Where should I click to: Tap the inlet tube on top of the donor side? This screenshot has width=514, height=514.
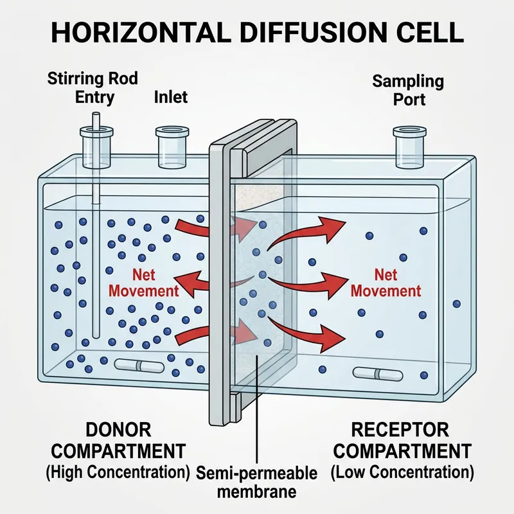(171, 146)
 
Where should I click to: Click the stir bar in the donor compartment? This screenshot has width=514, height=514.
(139, 366)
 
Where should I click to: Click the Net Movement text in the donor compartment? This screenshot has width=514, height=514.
(143, 283)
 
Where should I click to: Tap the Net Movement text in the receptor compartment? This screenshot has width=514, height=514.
(385, 283)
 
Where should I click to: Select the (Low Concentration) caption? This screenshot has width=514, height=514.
(402, 474)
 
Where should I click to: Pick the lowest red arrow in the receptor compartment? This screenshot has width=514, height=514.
(308, 328)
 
